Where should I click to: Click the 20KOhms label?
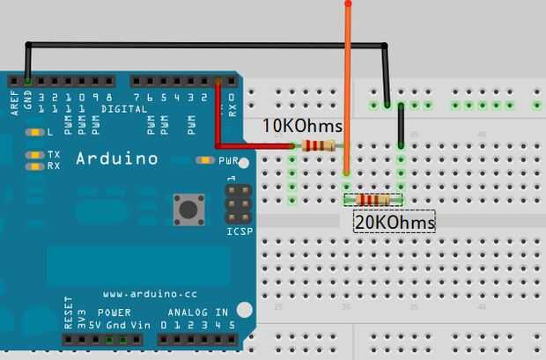(395, 223)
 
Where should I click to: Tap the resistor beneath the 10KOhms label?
(319, 146)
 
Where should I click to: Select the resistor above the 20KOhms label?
(373, 201)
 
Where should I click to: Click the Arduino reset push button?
(188, 209)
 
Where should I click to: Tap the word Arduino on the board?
(117, 159)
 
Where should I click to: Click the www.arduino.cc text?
(144, 293)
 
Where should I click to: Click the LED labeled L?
(35, 132)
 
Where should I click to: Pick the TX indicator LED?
(34, 155)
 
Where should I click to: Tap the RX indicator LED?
(34, 165)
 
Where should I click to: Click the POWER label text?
(114, 312)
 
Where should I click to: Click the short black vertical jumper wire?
(401, 126)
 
